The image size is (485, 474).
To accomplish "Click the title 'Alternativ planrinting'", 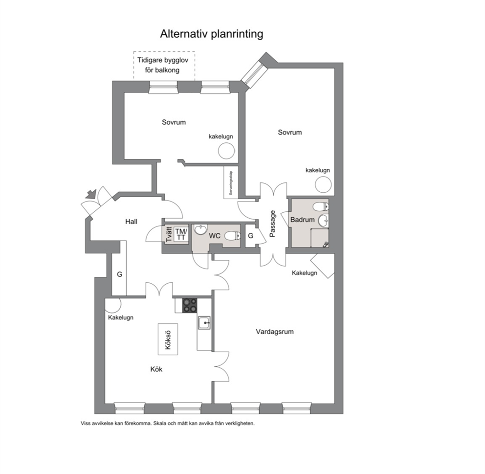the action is tap(212, 34).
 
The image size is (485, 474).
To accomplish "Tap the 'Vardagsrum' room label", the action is tap(275, 332).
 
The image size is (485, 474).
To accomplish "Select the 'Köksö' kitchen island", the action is tap(168, 339).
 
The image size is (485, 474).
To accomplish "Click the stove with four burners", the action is tap(189, 305).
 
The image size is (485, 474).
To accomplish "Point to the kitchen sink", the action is tap(204, 323).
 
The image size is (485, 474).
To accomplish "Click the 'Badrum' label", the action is tap(302, 220).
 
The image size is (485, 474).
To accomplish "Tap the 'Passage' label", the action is tap(272, 224).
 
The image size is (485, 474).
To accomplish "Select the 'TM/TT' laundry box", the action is tap(181, 234).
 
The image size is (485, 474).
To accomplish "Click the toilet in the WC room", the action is tap(232, 236).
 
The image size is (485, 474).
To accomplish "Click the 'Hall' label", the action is tap(131, 222).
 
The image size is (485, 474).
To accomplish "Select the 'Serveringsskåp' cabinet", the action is tap(230, 182).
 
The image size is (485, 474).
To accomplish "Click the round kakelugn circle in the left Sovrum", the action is tap(226, 151).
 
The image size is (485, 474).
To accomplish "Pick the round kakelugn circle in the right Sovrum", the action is tap(323, 185).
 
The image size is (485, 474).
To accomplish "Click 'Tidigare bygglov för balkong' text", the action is tap(163, 65).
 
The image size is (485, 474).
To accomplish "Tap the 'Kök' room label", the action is tap(156, 369).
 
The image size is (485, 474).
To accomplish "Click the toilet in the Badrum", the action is tap(320, 206).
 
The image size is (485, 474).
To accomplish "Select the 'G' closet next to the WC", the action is tap(250, 236).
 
